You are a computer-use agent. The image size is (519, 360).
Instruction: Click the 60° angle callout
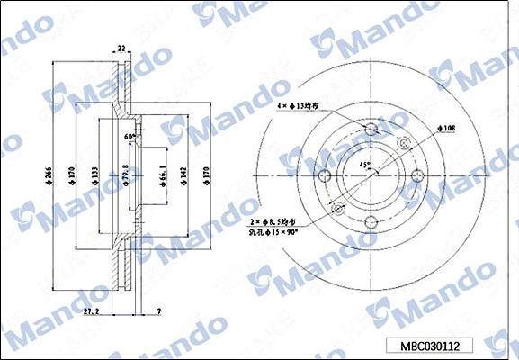[130, 137]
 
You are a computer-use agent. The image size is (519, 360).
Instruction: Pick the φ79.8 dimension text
[126, 171]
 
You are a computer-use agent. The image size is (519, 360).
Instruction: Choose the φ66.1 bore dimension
[162, 171]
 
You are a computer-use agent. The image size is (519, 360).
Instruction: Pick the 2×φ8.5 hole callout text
[273, 220]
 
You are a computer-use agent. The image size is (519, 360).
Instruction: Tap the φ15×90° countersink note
[273, 232]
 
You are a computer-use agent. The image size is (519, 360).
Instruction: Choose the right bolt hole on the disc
[416, 176]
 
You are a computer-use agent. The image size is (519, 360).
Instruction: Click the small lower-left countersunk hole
[338, 210]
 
